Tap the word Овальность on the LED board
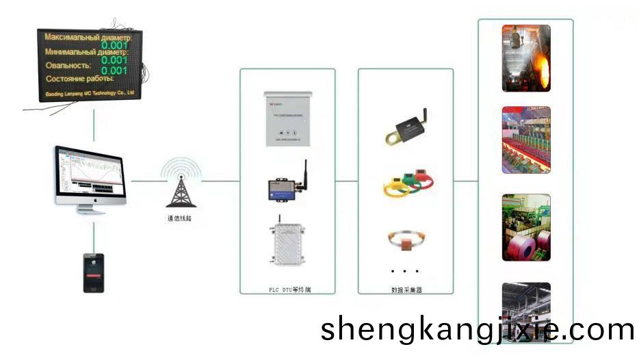click(69, 66)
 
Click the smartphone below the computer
click(93, 273)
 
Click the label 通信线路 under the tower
click(181, 219)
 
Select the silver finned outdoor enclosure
click(287, 245)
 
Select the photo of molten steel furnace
click(526, 58)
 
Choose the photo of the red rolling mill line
click(526, 140)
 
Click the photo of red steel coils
click(526, 227)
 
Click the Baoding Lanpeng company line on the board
click(89, 91)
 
